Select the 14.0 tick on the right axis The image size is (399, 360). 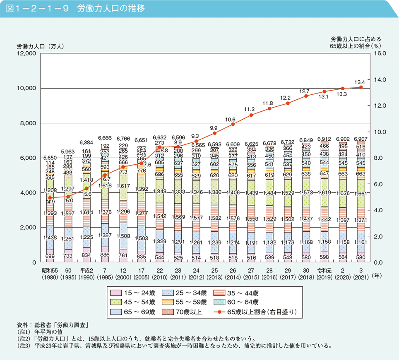click(380, 79)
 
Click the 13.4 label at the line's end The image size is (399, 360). click(360, 82)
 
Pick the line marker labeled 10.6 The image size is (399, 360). click(233, 124)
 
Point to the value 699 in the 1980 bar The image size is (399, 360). click(50, 257)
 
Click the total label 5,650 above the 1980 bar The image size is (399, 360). click(50, 158)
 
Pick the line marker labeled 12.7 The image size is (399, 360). click(306, 96)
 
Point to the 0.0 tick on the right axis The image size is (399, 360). click(380, 262)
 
